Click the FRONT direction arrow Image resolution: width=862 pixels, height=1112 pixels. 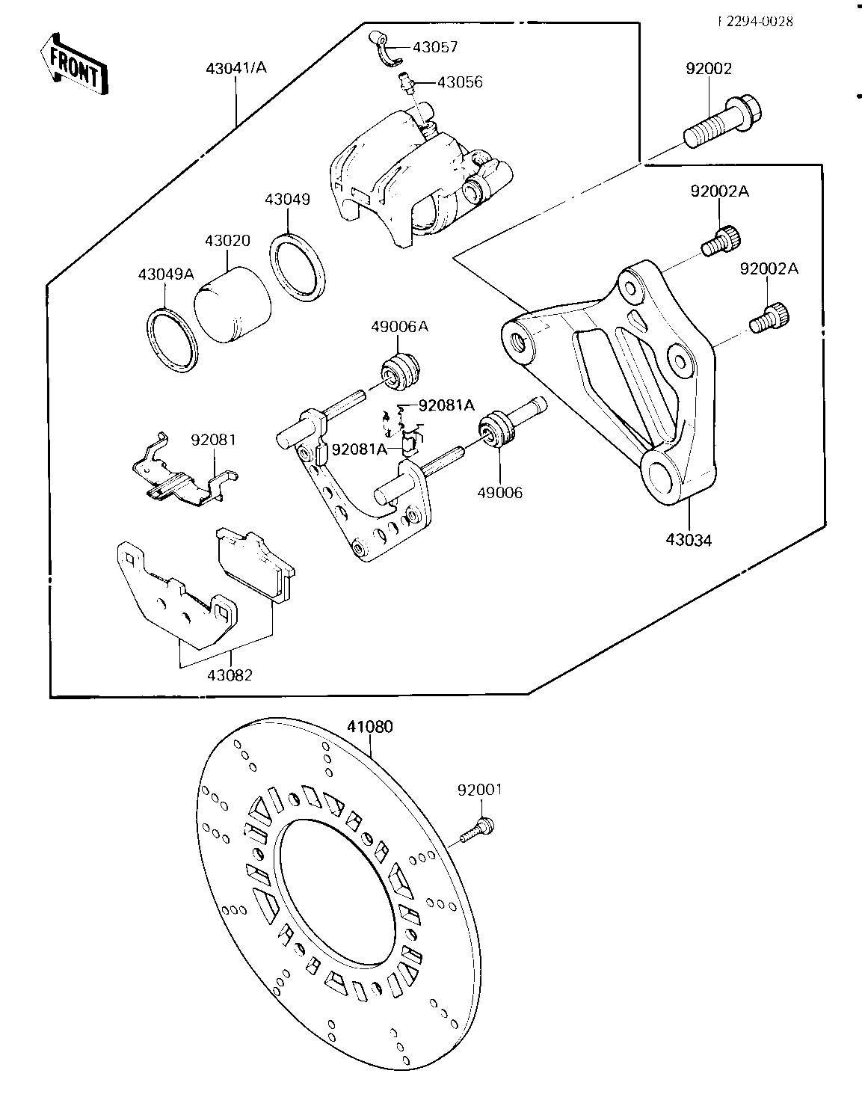coord(73,65)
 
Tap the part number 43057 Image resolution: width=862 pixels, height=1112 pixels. coord(435,47)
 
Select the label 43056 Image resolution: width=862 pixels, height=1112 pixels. coord(460,82)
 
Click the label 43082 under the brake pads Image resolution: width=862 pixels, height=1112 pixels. coord(230,675)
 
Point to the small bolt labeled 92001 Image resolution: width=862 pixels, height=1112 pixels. coord(476,830)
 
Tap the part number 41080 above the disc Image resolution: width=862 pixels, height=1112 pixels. coord(369,726)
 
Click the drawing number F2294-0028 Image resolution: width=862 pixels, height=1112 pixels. coord(755,21)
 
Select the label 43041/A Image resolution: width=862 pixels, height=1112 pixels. coord(236,68)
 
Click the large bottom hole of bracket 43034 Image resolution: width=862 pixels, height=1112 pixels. coord(662,476)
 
